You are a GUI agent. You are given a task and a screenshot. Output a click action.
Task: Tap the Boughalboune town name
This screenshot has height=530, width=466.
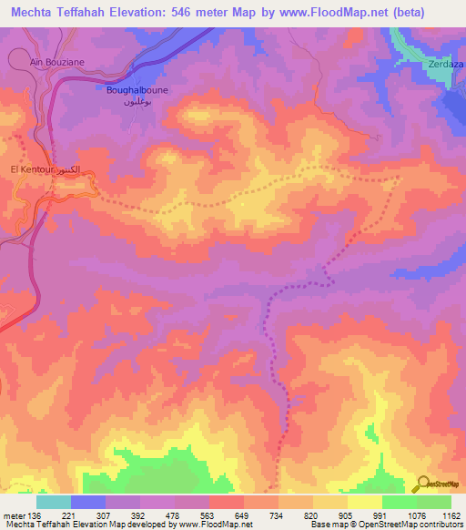click(x=133, y=91)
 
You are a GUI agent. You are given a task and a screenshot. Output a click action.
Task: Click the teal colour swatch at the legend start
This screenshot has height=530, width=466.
click(x=54, y=502)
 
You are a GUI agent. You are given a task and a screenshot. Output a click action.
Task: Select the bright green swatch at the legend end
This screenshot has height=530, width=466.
click(x=434, y=502)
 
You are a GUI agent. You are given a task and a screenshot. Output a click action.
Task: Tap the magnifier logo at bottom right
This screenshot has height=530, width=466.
click(x=423, y=484)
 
